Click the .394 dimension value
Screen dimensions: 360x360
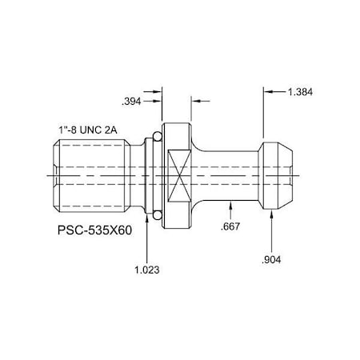[x=132, y=102]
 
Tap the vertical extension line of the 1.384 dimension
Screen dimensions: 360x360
[x=265, y=112]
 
